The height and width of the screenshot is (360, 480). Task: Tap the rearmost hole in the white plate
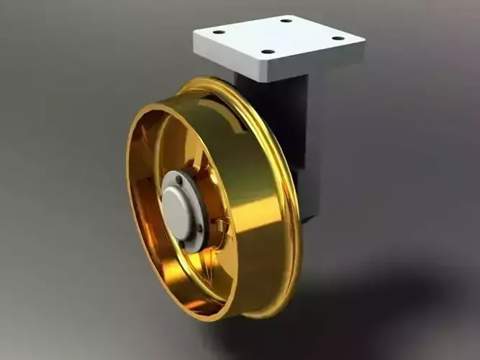coord(286,20)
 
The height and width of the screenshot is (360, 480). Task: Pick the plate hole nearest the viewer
coord(267,52)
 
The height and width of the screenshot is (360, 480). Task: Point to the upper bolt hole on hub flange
coord(179,179)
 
